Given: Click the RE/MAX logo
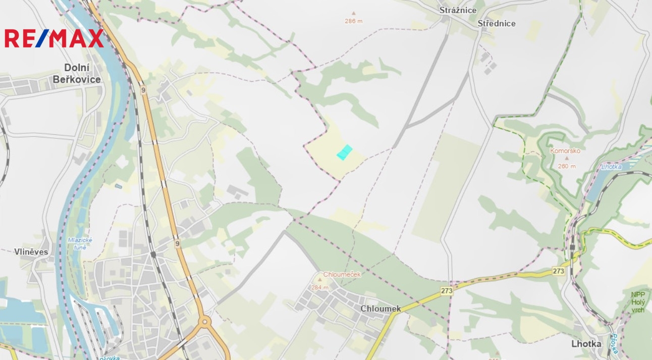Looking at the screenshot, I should click(54, 38).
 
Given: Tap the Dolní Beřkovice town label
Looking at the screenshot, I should click(77, 73).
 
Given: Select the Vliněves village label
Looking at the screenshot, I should click(31, 251).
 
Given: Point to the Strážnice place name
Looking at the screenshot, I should click(458, 10).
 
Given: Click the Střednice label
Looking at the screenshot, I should click(497, 23).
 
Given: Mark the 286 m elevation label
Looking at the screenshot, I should click(354, 21).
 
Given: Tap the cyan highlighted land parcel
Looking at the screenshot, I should click(344, 152).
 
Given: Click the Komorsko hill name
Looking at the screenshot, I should click(565, 150).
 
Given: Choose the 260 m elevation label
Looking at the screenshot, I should click(567, 166).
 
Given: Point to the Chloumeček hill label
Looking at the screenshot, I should click(342, 274).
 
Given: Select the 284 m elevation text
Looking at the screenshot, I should click(319, 287).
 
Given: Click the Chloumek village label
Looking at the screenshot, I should click(381, 308).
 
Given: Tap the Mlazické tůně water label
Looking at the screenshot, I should click(80, 243).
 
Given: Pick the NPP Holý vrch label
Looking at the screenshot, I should click(638, 302).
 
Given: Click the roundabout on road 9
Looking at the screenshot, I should click(205, 321).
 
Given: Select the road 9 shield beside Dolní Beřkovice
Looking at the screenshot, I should click(143, 90).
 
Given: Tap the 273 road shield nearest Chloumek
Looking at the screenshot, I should click(447, 291).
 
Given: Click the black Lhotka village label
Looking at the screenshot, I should click(586, 343).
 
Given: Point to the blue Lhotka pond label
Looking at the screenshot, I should click(612, 167).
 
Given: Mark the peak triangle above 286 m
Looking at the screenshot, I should click(353, 14).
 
